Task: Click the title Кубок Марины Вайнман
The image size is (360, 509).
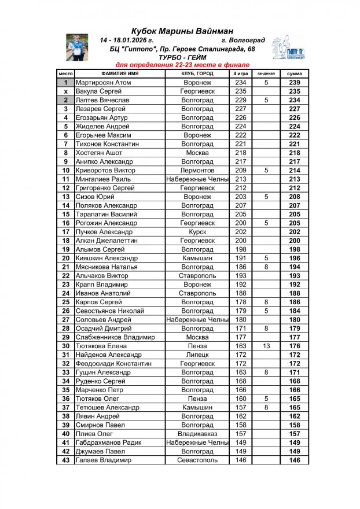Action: click(182, 31)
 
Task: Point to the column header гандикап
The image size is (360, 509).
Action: click(266, 74)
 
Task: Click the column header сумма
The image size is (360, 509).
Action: click(295, 74)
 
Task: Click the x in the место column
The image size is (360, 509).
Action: click(65, 91)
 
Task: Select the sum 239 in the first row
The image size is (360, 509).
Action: click(295, 83)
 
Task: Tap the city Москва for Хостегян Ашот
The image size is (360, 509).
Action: click(197, 153)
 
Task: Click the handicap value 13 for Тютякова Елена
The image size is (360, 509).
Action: click(266, 346)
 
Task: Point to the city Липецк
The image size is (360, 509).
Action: click(197, 355)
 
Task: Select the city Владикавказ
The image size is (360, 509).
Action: click(197, 434)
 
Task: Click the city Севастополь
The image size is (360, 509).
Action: click(197, 460)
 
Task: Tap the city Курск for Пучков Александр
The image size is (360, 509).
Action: click(197, 232)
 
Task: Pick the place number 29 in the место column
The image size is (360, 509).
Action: click(65, 337)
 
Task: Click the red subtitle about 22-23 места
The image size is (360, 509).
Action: click(182, 65)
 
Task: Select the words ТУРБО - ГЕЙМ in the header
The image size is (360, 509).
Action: click(182, 58)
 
